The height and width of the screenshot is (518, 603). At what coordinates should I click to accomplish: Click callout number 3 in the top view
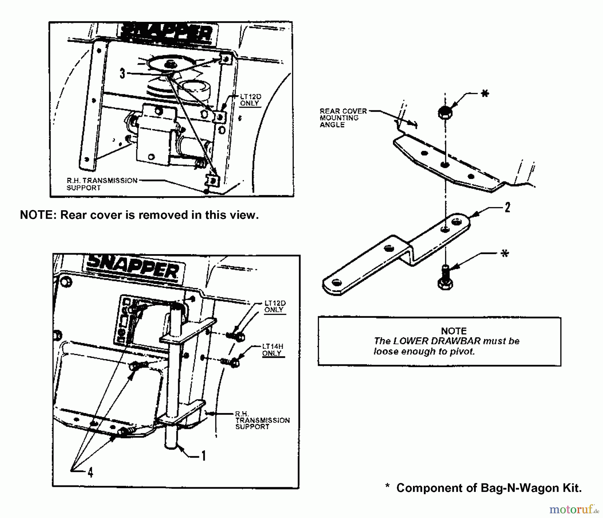point(123,73)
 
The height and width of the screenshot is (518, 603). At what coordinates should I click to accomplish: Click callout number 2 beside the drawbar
point(507,208)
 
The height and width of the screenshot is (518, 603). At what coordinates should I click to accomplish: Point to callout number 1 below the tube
point(203,456)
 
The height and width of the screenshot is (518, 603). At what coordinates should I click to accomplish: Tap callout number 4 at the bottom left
point(90,472)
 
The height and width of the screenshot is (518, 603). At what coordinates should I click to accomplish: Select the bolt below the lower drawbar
point(445,278)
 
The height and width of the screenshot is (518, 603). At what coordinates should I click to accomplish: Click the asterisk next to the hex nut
point(484,94)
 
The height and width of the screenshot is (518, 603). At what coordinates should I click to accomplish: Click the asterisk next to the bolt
point(504,254)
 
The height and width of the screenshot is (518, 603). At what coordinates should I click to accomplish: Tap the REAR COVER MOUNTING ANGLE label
point(339,118)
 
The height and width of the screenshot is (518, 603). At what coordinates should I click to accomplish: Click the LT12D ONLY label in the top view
point(250,100)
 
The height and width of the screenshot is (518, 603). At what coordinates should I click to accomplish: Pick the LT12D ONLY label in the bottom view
point(275,306)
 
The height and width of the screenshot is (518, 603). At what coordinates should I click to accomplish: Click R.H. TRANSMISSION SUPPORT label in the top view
point(102,184)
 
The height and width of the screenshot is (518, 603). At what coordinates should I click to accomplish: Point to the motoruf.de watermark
point(573,510)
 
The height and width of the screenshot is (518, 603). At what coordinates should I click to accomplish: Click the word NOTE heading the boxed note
point(454,331)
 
